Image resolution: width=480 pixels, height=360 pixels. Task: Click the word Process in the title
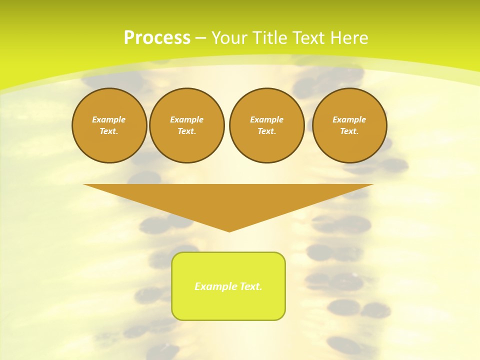click(157, 38)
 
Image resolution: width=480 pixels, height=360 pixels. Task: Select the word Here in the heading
click(349, 38)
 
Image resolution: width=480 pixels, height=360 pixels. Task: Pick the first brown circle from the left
click(109, 125)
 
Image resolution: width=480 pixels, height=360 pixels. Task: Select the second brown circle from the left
click(187, 125)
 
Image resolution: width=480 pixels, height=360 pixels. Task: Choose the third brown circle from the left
click(267, 125)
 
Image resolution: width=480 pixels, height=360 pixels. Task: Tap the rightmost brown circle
click(349, 125)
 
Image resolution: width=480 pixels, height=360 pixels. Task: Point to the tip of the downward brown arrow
click(229, 230)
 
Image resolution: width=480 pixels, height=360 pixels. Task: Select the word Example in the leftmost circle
click(109, 119)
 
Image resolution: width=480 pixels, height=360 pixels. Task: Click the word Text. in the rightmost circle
click(349, 131)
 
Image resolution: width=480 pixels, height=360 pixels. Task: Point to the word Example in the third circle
click(267, 119)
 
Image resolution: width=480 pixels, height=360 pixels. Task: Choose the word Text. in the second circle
click(187, 131)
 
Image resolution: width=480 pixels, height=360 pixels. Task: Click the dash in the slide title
click(200, 38)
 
